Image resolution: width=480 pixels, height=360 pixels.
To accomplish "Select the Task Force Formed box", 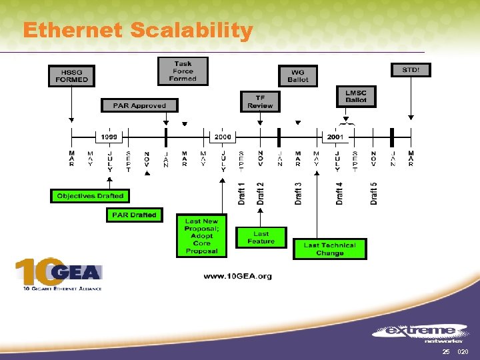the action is (183, 71).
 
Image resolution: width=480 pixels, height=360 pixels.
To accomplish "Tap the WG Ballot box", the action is (298, 75).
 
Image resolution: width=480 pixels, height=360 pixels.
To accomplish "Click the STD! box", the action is (410, 69).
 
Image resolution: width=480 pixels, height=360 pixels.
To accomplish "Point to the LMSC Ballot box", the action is (356, 97).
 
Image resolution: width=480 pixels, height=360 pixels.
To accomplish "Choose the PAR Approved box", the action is (139, 105).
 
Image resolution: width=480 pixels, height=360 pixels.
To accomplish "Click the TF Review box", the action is (260, 101).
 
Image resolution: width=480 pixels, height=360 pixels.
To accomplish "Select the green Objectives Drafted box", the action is (90, 196).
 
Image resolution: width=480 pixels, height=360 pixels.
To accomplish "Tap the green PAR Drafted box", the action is (134, 215).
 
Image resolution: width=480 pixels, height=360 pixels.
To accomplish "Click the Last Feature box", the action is (261, 237).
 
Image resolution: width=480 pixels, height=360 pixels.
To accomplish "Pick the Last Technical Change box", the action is (329, 249).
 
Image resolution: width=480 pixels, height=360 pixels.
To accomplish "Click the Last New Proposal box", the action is (201, 236).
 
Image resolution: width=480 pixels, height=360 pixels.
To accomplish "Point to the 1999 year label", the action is (109, 137).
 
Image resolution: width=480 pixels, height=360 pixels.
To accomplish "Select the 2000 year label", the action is (223, 137).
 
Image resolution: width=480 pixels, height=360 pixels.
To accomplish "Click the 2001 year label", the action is (335, 137).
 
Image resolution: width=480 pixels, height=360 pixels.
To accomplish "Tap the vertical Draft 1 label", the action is (241, 193).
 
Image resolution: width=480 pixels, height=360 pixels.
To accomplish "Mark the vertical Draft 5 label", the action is (374, 193).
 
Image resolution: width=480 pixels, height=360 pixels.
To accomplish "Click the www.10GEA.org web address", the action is (237, 276).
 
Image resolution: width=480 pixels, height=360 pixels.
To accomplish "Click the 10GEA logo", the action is (59, 274).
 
